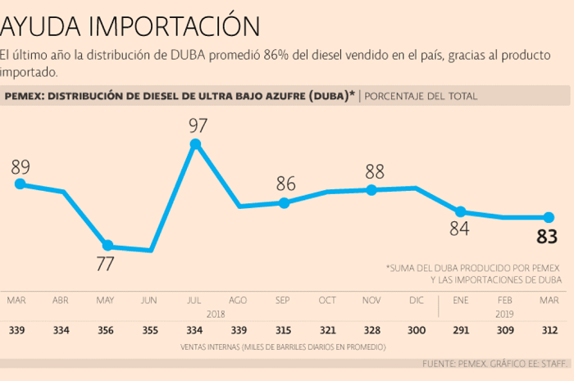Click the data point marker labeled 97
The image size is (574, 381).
coord(195,144)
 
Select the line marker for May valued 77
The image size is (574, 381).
coord(107,245)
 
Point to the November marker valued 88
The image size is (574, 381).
coord(371,190)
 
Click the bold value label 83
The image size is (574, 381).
coord(547,238)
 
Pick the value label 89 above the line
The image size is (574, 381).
coord(20,166)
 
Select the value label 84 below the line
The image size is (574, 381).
coord(459,229)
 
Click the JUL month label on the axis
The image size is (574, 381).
coord(194,300)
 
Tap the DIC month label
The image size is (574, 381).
coord(417,300)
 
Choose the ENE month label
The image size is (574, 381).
coord(461,300)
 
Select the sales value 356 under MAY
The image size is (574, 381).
coord(106,330)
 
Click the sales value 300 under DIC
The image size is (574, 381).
coord(417,330)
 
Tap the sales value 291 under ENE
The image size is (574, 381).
coord(461,330)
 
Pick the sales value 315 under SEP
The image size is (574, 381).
coord(284,330)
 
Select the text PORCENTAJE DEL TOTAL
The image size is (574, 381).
coord(421,96)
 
